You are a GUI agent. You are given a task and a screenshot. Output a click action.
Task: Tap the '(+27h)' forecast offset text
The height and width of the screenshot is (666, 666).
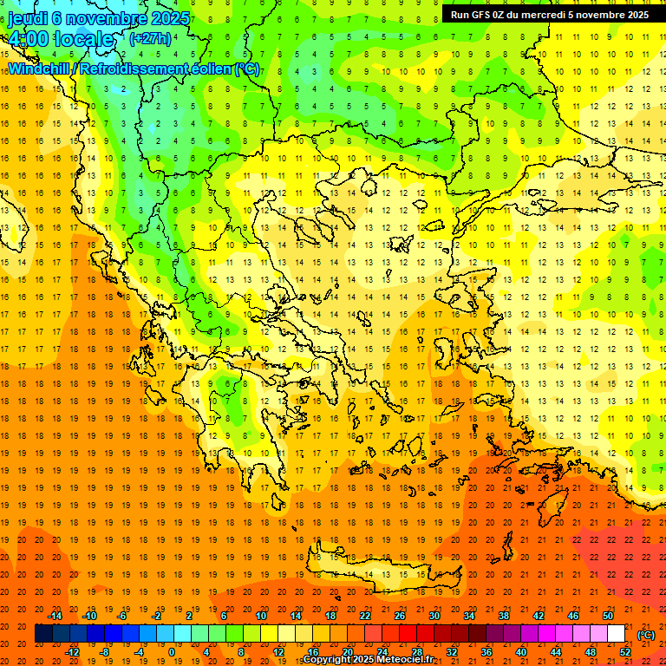point(150,38)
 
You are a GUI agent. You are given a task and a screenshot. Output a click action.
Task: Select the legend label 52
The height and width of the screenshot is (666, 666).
point(625,651)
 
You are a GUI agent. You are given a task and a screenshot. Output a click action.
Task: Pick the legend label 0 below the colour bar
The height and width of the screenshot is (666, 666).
point(171,651)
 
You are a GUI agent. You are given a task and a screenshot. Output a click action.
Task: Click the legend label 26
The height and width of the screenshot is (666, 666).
point(400,616)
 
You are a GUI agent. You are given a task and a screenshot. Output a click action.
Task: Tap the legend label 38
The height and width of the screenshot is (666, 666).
point(504,616)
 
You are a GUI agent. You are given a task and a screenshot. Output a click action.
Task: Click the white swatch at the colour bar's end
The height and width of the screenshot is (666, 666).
point(616,634)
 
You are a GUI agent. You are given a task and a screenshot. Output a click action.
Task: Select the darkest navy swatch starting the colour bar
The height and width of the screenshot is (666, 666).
point(43,634)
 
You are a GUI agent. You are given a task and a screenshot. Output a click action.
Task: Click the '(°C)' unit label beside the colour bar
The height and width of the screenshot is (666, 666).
point(645,634)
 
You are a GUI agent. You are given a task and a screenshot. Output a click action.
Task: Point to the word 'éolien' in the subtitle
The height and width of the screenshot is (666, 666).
point(204,69)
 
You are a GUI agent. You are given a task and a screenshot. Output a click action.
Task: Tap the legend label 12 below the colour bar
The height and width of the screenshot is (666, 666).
point(278,651)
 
